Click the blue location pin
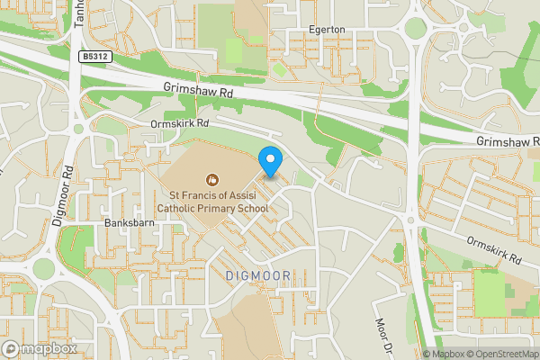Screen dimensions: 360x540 coord(270,161)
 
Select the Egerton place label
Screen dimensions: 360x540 coord(327,30)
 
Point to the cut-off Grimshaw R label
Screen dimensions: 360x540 coord(508,142)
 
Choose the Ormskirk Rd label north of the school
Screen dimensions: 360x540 coord(180,122)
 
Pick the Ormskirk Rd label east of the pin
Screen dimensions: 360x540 coord(495,250)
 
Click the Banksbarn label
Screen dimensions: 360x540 coord(125,221)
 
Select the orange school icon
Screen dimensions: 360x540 coord(212,179)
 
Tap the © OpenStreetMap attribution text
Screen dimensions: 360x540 coord(504,354)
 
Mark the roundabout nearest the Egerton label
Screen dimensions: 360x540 coord(415,28)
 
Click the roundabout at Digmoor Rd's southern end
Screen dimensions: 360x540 coord(42,268)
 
